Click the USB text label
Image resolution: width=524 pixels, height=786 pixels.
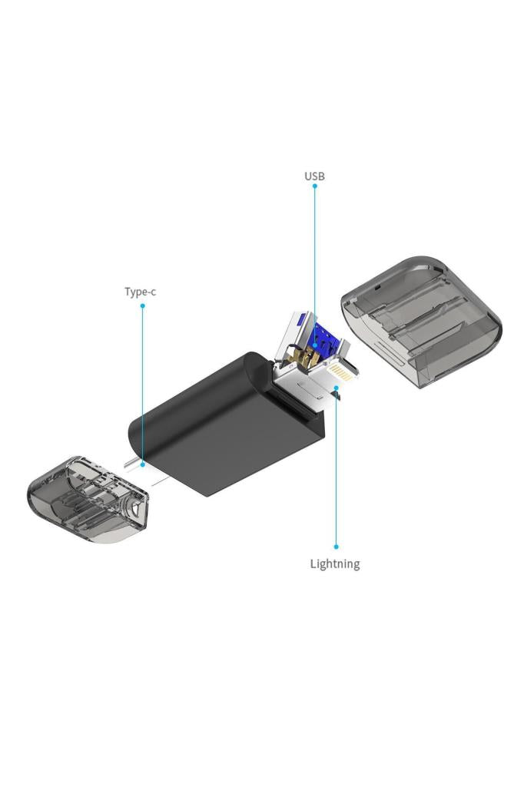point(314,177)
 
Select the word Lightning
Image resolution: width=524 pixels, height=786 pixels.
point(334,564)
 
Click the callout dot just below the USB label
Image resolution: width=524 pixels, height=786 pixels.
point(314,186)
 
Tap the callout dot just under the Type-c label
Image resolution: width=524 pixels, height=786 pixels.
point(142,305)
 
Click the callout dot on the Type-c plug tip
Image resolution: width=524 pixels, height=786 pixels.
point(142,464)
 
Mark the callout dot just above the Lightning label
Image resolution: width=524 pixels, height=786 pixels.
point(336,547)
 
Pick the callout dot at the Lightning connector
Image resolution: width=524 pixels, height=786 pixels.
point(336,389)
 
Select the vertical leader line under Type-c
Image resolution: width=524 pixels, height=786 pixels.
point(142,384)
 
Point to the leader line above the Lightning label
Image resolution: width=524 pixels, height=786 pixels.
point(336,468)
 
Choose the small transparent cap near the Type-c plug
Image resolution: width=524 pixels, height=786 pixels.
point(88,499)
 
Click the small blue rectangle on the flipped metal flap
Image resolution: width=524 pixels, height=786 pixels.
point(303,318)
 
